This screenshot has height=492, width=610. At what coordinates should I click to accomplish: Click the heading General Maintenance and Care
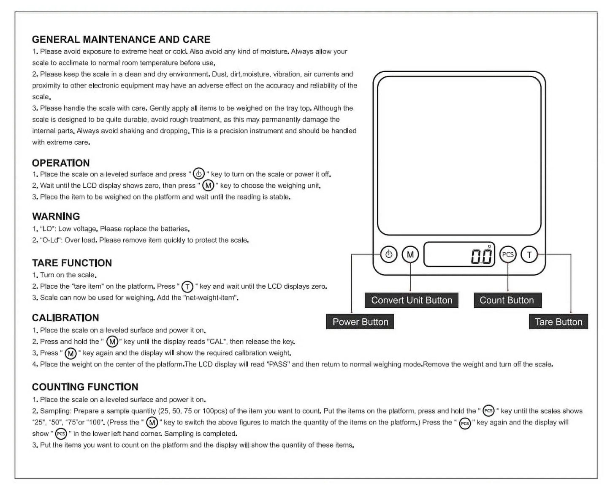[x=121, y=40]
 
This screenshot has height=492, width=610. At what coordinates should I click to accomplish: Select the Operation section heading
[x=61, y=163]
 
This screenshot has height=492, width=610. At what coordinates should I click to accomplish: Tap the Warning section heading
[x=56, y=216]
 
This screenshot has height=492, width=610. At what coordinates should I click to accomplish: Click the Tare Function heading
[x=72, y=263]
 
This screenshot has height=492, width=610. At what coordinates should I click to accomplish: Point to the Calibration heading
[x=65, y=318]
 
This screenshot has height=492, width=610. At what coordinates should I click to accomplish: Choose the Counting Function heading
[x=85, y=387]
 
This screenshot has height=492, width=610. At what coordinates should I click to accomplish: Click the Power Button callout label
[x=360, y=322]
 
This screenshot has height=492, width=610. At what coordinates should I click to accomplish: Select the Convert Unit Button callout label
[x=412, y=301]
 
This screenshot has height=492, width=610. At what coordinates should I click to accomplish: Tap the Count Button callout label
[x=507, y=301]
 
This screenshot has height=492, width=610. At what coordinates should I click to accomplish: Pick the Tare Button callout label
[x=558, y=322]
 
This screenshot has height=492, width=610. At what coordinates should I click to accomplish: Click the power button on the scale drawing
[x=389, y=254]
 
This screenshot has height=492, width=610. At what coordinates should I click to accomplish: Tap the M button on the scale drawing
[x=410, y=254]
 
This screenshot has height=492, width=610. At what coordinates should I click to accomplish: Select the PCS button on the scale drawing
[x=508, y=254]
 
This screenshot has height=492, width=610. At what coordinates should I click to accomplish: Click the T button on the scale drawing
[x=529, y=254]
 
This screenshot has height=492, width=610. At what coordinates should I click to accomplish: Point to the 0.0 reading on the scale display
[x=482, y=256]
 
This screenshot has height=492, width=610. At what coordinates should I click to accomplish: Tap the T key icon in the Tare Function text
[x=187, y=287]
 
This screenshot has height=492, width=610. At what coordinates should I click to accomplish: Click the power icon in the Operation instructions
[x=198, y=174]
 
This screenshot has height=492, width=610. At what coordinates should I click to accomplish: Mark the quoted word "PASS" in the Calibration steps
[x=278, y=364]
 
